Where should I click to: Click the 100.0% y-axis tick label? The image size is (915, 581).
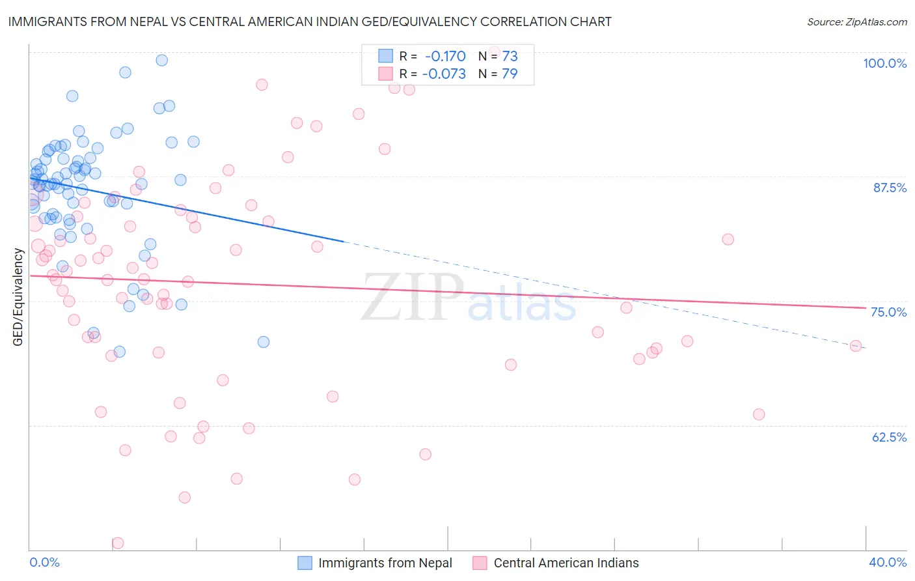click(x=884, y=63)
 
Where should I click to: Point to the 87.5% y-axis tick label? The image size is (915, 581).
click(x=890, y=188)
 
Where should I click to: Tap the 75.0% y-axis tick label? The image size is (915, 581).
click(x=888, y=312)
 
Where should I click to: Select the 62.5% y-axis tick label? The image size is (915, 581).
click(x=889, y=437)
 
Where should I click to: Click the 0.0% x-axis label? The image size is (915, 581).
click(x=44, y=562)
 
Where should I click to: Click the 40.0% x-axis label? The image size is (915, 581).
click(x=888, y=562)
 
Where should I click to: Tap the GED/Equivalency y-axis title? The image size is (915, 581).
click(x=18, y=297)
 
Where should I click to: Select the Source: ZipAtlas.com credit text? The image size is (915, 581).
click(x=856, y=21)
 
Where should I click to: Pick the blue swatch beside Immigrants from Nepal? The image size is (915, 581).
click(x=305, y=563)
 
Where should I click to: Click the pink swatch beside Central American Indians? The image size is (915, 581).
click(x=480, y=563)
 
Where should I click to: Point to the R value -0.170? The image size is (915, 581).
click(x=445, y=56)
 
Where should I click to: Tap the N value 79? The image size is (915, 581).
click(x=510, y=74)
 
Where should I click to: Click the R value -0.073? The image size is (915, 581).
click(x=444, y=74)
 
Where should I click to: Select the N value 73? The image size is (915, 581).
click(x=510, y=56)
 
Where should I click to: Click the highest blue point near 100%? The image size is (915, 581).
click(x=162, y=60)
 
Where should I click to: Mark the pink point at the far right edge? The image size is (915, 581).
click(x=856, y=346)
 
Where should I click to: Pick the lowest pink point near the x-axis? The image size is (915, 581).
click(x=118, y=543)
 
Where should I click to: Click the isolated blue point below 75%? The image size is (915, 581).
click(x=264, y=342)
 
